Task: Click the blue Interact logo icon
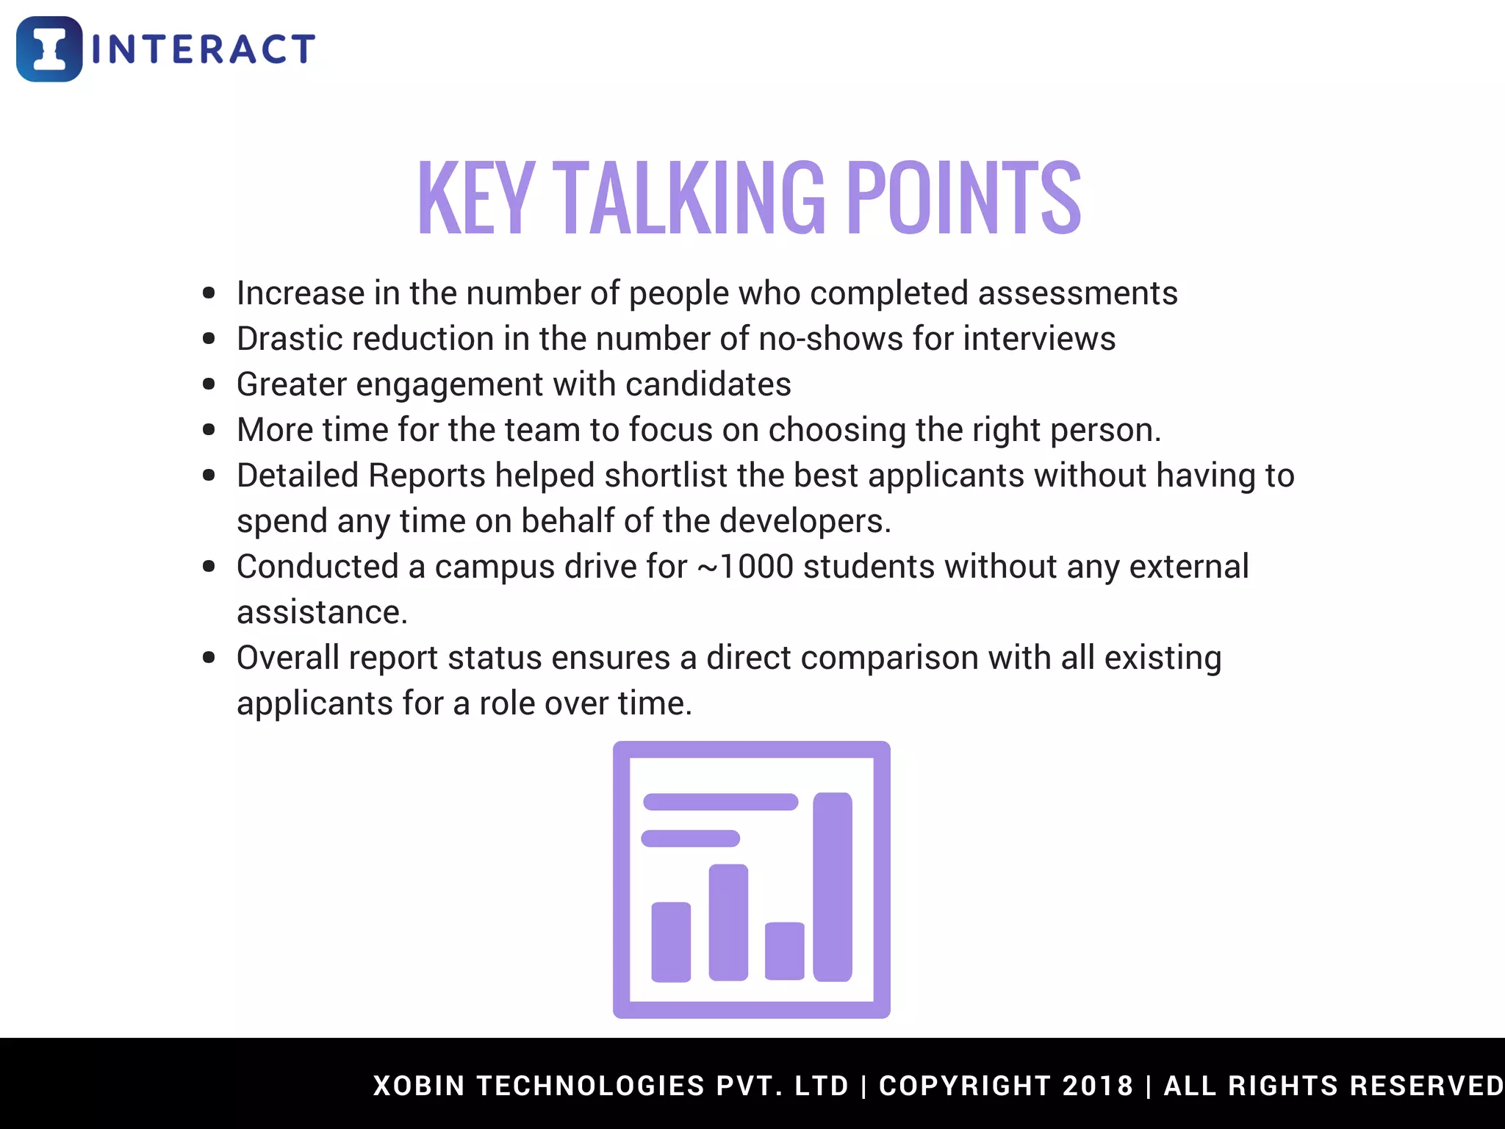pyautogui.click(x=49, y=49)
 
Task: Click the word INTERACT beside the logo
pyautogui.click(x=204, y=50)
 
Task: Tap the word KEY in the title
pyautogui.click(x=475, y=198)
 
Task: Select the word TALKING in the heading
pyautogui.click(x=689, y=198)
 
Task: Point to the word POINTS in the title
pyautogui.click(x=963, y=198)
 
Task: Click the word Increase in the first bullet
pyautogui.click(x=300, y=293)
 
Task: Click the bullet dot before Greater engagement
pyautogui.click(x=209, y=384)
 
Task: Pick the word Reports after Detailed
pyautogui.click(x=427, y=476)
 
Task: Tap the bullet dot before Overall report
pyautogui.click(x=209, y=657)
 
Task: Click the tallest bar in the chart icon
pyautogui.click(x=833, y=886)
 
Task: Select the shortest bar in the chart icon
pyautogui.click(x=784, y=950)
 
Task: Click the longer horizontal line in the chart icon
pyautogui.click(x=720, y=802)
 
